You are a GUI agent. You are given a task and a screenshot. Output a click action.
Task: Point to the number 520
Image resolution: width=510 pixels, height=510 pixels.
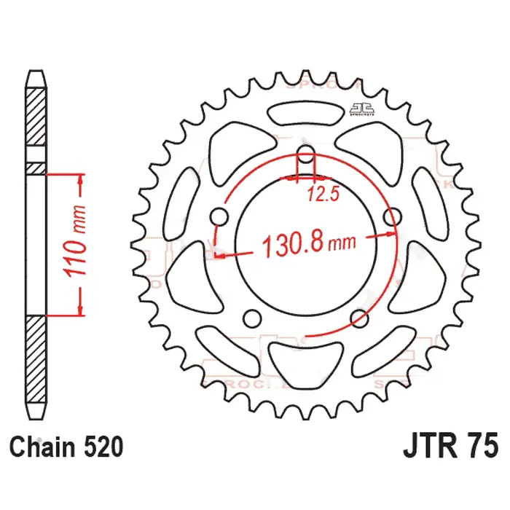(95, 444)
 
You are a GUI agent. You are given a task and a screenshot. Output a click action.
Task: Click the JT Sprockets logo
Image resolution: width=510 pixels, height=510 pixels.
(356, 108)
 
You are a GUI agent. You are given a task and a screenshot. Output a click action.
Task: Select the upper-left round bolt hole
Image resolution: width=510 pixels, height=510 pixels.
(219, 216)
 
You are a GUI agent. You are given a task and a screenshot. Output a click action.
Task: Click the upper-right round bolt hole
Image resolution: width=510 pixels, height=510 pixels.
(393, 216)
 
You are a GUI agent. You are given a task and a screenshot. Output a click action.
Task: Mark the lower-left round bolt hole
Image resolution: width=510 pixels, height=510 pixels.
(252, 318)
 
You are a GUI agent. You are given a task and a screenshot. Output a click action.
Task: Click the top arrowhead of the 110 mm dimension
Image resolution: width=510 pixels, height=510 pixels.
(79, 179)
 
